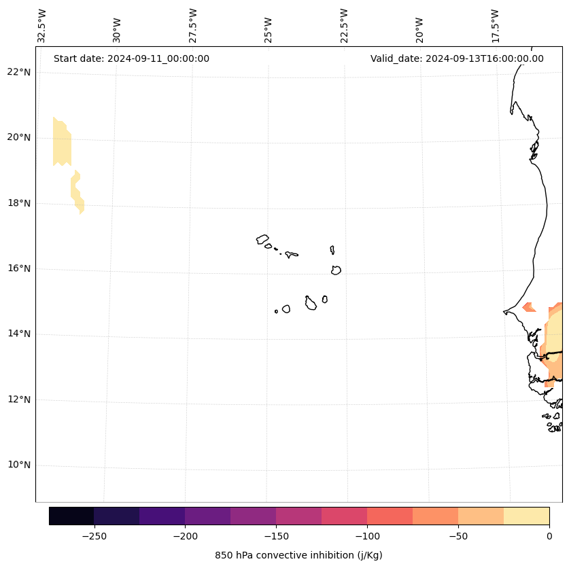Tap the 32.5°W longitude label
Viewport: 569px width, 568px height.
(x=42, y=26)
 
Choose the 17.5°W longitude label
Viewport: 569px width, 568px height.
(x=496, y=26)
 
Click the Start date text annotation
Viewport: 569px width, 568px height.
(x=131, y=58)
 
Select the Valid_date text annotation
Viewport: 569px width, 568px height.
(x=457, y=58)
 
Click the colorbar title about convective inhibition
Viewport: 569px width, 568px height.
(x=298, y=555)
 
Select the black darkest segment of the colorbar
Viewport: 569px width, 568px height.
(x=71, y=516)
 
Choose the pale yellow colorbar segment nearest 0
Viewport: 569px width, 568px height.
(x=526, y=516)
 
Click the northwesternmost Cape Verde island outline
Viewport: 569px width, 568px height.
(x=262, y=239)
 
